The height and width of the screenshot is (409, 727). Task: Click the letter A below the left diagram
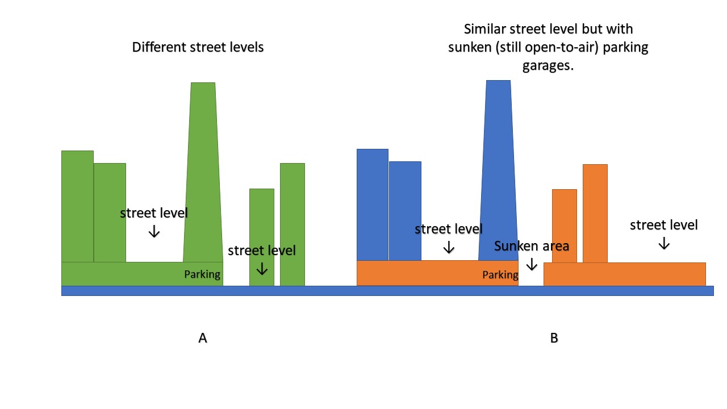coord(203,338)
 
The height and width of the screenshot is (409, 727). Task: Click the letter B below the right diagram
coord(554,338)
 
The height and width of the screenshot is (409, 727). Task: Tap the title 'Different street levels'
coord(198,47)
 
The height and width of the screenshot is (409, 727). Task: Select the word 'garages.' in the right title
coord(548,65)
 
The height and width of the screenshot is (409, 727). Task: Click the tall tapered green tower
coord(203,172)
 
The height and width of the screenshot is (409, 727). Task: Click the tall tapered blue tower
coord(498,170)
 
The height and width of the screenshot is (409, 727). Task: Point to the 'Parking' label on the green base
coord(202,274)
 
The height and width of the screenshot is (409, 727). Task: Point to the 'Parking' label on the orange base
coord(500,276)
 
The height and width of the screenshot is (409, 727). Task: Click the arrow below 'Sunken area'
coord(532,264)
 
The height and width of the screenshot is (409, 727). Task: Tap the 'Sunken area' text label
coord(532,246)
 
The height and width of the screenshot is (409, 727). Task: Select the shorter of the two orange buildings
coord(565,226)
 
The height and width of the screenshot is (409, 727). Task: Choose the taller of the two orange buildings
coord(595,214)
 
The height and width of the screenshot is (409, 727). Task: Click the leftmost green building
coord(78,206)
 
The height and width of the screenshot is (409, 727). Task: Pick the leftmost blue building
coord(373,205)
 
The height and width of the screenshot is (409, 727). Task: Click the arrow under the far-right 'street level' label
coord(664,244)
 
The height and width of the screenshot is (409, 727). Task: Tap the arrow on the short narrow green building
coord(262,269)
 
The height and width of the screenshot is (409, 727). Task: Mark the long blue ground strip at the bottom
coord(387,291)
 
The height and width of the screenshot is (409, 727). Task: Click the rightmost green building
coord(293,224)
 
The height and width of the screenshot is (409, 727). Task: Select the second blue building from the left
coord(405,211)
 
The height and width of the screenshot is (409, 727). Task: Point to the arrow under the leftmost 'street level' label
coord(154,231)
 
